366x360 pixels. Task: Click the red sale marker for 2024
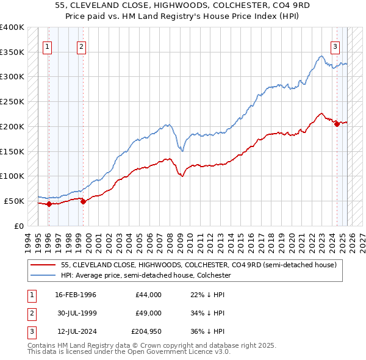pos(337,124)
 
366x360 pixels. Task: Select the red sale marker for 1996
pos(49,204)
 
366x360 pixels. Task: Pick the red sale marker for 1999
pos(83,202)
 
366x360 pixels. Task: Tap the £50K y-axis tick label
pos(14,201)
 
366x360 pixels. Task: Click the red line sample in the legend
pos(44,265)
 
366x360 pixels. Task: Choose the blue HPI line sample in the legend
pos(44,275)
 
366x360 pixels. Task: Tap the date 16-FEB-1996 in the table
pos(76,295)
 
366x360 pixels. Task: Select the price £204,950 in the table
pos(145,331)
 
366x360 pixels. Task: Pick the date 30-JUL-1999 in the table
pos(76,313)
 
